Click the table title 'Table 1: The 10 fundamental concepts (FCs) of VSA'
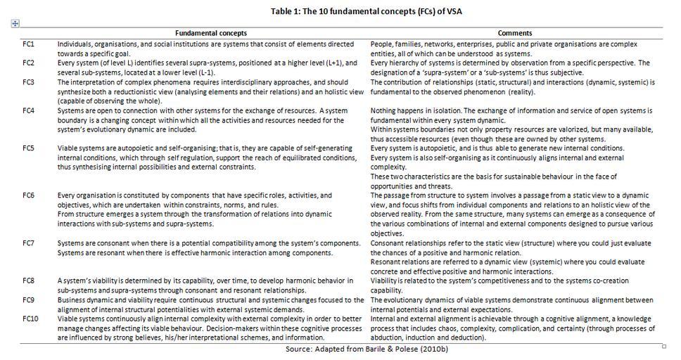pyautogui.click(x=366, y=11)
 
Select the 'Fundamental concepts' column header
pyautogui.click(x=211, y=33)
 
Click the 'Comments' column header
pyautogui.click(x=514, y=33)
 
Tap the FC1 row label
pyautogui.click(x=29, y=44)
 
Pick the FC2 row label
pyautogui.click(x=29, y=63)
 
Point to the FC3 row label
pyautogui.click(x=29, y=82)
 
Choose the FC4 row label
pyautogui.click(x=29, y=111)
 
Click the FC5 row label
pyautogui.click(x=29, y=149)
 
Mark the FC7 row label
pyautogui.click(x=29, y=243)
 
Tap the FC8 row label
pyautogui.click(x=29, y=281)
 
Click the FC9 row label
pyautogui.click(x=29, y=300)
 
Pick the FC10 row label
pyautogui.click(x=30, y=319)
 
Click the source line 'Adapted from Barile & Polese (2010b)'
pyautogui.click(x=367, y=349)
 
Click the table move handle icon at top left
pyautogui.click(x=15, y=23)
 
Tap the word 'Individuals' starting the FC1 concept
pyautogui.click(x=76, y=44)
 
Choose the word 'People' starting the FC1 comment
pyautogui.click(x=382, y=44)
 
